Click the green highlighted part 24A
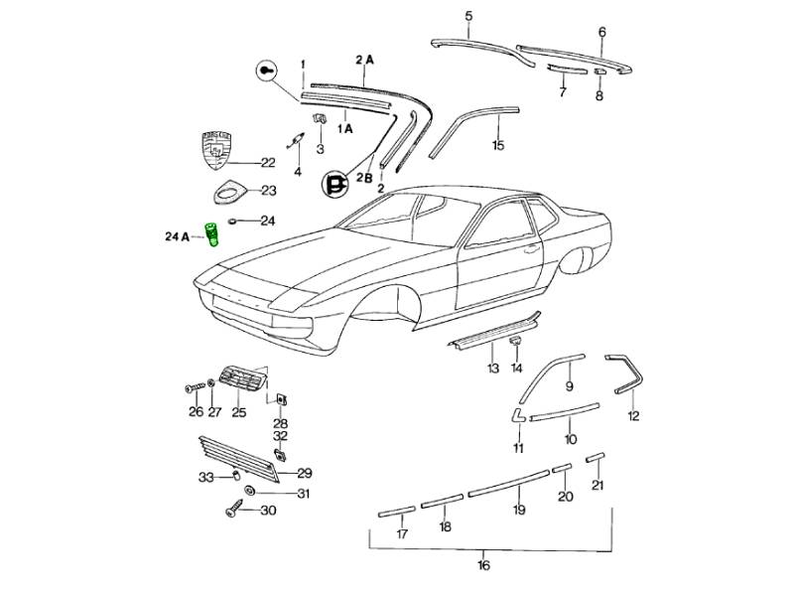(x=211, y=236)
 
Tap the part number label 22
(x=267, y=163)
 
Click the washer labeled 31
(x=248, y=493)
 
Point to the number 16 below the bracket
(x=483, y=566)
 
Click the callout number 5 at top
(x=469, y=15)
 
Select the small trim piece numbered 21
(x=595, y=458)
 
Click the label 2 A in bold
(x=364, y=60)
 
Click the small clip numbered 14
(x=516, y=342)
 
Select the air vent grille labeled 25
(x=240, y=380)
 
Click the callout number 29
(x=304, y=473)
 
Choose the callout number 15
(x=498, y=145)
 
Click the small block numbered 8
(x=599, y=73)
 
